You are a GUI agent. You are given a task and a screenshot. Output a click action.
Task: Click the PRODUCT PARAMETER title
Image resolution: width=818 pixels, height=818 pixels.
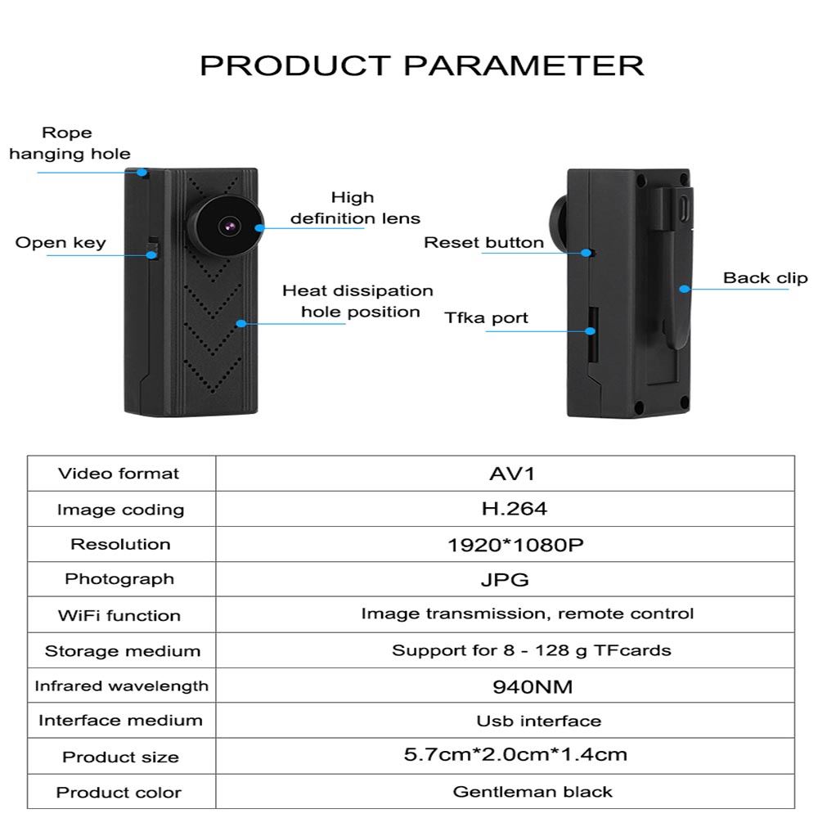(421, 65)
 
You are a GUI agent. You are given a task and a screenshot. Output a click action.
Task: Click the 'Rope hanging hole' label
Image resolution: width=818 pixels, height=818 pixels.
(69, 143)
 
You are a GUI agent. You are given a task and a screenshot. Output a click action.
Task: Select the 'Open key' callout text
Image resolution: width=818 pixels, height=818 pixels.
(61, 242)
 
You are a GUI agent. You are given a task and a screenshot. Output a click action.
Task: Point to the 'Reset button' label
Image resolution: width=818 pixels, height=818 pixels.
(483, 242)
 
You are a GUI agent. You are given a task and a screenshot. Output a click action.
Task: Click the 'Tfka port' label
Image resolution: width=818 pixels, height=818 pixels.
(486, 317)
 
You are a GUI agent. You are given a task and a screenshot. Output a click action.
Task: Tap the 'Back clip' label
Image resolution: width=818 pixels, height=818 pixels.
(765, 278)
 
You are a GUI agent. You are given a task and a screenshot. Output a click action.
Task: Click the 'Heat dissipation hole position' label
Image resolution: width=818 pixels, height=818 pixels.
(357, 301)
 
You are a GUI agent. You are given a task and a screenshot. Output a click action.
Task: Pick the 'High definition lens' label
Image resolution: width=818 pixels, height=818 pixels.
(354, 208)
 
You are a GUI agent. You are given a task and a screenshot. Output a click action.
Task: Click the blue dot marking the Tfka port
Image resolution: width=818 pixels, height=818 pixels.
(589, 330)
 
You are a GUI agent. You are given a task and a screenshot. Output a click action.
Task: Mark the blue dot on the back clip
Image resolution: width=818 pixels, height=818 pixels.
(684, 288)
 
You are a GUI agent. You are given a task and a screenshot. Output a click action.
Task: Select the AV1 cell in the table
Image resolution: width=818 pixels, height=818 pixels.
(505, 473)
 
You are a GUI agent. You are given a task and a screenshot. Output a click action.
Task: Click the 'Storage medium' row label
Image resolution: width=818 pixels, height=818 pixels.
(122, 651)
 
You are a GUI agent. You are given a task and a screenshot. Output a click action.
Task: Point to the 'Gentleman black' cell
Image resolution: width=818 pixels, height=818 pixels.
(533, 791)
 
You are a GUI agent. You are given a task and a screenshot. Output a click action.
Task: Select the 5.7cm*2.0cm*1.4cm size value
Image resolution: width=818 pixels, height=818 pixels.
(515, 754)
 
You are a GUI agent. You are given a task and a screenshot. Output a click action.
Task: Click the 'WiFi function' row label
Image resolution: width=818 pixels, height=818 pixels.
(119, 615)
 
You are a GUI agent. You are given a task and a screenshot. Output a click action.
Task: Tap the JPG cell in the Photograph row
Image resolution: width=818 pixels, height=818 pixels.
(505, 579)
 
